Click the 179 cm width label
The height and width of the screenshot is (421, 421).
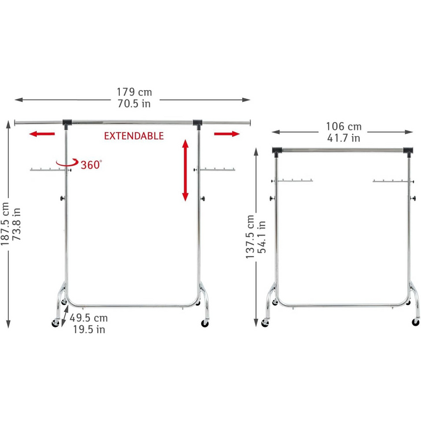(x=134, y=92)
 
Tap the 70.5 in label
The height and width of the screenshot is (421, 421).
(x=134, y=104)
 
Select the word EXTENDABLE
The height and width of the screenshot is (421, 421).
(x=134, y=136)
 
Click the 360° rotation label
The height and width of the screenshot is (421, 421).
(x=91, y=164)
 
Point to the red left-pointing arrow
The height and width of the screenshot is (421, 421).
(x=42, y=134)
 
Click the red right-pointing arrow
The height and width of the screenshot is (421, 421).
(x=227, y=134)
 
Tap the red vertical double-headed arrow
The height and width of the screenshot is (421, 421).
(x=185, y=170)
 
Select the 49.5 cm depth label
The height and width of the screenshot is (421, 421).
(x=89, y=318)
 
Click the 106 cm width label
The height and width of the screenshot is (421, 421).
(x=343, y=126)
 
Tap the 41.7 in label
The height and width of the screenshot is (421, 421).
(x=343, y=138)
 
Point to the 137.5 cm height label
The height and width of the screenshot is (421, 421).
(x=250, y=236)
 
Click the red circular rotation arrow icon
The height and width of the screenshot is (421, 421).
(x=65, y=164)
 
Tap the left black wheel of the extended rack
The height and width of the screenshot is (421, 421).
(x=56, y=323)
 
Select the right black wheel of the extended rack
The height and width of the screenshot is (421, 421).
(x=205, y=323)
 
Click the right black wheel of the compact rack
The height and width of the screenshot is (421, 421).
(x=416, y=322)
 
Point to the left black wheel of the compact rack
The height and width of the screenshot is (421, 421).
(x=267, y=322)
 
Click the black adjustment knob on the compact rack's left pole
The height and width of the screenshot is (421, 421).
(x=272, y=200)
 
